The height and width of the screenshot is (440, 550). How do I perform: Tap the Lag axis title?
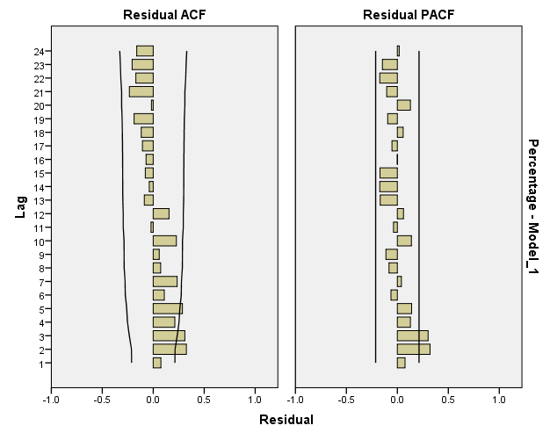(x=20, y=207)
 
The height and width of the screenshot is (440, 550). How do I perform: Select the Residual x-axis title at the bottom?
(x=286, y=420)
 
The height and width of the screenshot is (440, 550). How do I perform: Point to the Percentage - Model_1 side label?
(x=532, y=207)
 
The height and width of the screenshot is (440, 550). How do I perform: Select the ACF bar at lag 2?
(x=170, y=349)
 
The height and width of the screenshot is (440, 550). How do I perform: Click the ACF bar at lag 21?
(x=141, y=91)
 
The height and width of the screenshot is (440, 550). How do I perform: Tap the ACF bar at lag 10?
(x=164, y=241)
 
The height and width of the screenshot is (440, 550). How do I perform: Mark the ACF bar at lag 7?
(x=165, y=281)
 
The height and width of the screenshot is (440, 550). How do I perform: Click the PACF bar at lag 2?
(x=413, y=349)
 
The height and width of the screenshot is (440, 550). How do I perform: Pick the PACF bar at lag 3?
(x=412, y=335)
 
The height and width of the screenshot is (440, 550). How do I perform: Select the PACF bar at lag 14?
(x=388, y=186)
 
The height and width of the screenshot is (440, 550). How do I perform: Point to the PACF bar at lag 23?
(x=389, y=64)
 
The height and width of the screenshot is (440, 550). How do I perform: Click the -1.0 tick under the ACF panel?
(x=51, y=400)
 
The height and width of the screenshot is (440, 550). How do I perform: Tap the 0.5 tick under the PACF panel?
(x=447, y=400)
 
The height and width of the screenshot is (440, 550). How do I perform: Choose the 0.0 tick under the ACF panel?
(x=153, y=400)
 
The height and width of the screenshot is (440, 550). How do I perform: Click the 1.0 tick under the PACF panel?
(x=498, y=400)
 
